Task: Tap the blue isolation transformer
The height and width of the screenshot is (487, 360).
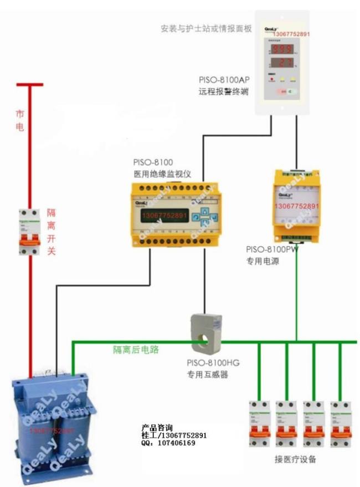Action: pos(53,424)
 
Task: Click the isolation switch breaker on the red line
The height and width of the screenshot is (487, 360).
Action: pos(29,232)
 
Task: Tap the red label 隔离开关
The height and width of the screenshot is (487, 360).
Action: pos(51,232)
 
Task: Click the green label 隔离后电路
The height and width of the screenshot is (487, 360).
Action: pos(136,350)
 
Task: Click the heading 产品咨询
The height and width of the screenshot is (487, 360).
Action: pos(157,428)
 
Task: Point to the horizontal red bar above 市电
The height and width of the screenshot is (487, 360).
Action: pos(29,85)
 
